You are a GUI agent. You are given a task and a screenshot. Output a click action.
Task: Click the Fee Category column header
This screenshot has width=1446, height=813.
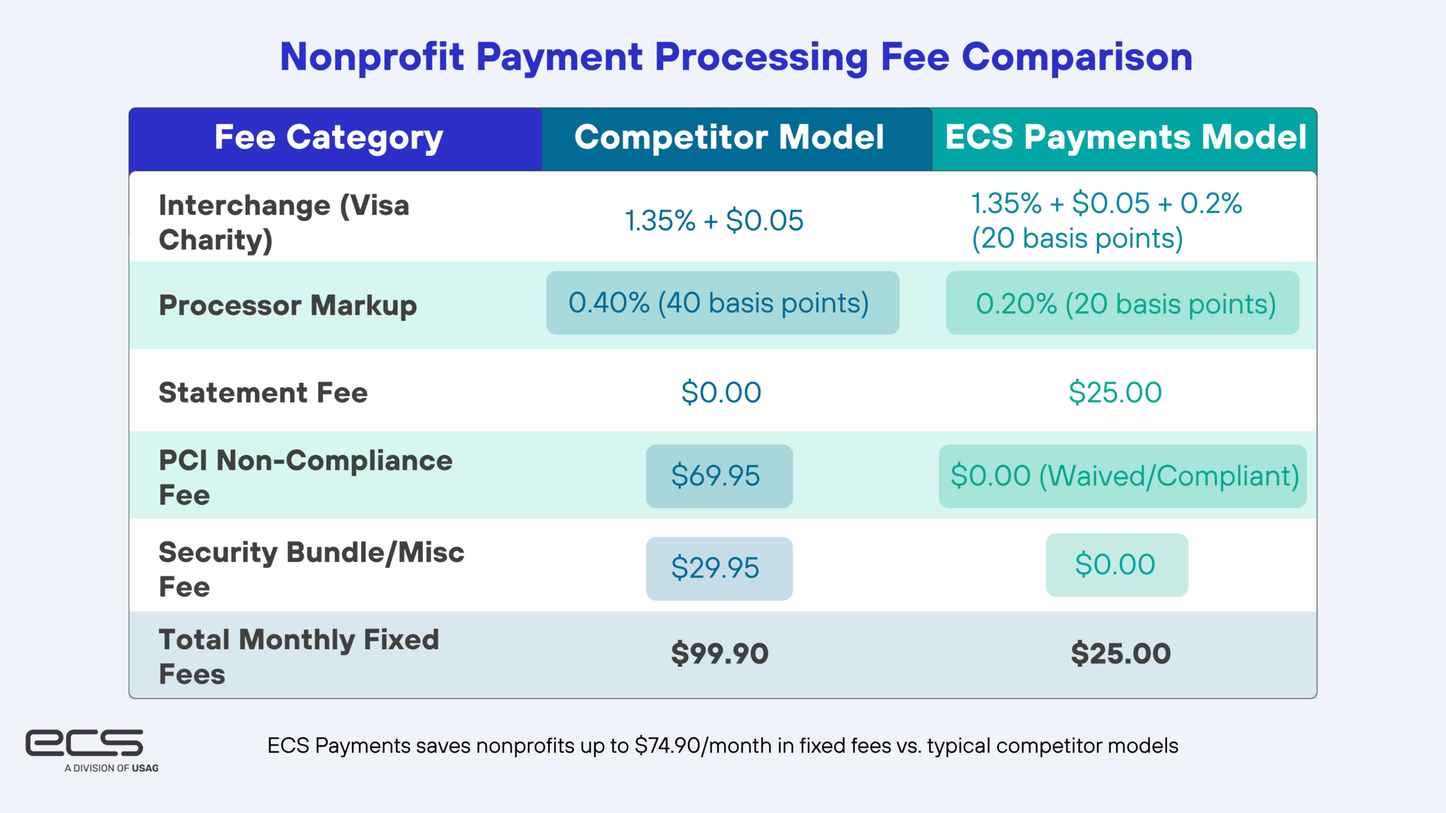[x=329, y=138]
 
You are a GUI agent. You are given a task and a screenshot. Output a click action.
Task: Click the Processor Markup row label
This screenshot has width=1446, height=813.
[x=288, y=306]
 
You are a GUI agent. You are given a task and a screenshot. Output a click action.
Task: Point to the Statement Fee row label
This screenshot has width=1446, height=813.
[x=263, y=392]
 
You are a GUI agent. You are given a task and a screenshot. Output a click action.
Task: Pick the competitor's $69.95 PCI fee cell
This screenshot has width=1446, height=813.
[x=719, y=476]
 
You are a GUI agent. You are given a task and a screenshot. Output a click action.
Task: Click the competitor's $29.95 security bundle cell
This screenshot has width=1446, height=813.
[x=719, y=568]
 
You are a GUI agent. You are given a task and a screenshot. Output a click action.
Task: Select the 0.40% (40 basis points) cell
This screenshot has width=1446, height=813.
[x=722, y=303]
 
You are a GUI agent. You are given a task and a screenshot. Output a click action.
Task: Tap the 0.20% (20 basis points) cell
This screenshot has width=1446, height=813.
[x=1122, y=303]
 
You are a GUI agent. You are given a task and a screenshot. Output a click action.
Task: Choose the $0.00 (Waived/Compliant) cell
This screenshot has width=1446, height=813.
[x=1122, y=476]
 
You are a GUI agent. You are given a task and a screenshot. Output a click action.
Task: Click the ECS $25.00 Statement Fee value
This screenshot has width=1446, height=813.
[x=1115, y=392]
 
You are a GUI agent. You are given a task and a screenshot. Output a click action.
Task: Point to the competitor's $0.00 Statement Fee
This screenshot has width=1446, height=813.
[x=721, y=392]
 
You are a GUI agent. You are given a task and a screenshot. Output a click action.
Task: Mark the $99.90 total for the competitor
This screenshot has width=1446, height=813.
[x=720, y=654]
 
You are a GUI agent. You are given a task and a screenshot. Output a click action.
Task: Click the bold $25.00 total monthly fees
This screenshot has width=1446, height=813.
[x=1121, y=654]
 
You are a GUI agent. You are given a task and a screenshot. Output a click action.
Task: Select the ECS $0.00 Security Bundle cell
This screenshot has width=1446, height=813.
[x=1117, y=565]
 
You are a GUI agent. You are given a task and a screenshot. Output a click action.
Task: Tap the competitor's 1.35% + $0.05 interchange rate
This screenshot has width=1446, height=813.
[x=714, y=220]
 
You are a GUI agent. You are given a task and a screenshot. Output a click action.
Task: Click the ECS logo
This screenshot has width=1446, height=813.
[x=84, y=742]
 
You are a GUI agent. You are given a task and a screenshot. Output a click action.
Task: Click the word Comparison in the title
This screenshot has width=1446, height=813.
[x=1077, y=57]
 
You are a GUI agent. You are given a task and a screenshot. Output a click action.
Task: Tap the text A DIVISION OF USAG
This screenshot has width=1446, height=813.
[x=111, y=768]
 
